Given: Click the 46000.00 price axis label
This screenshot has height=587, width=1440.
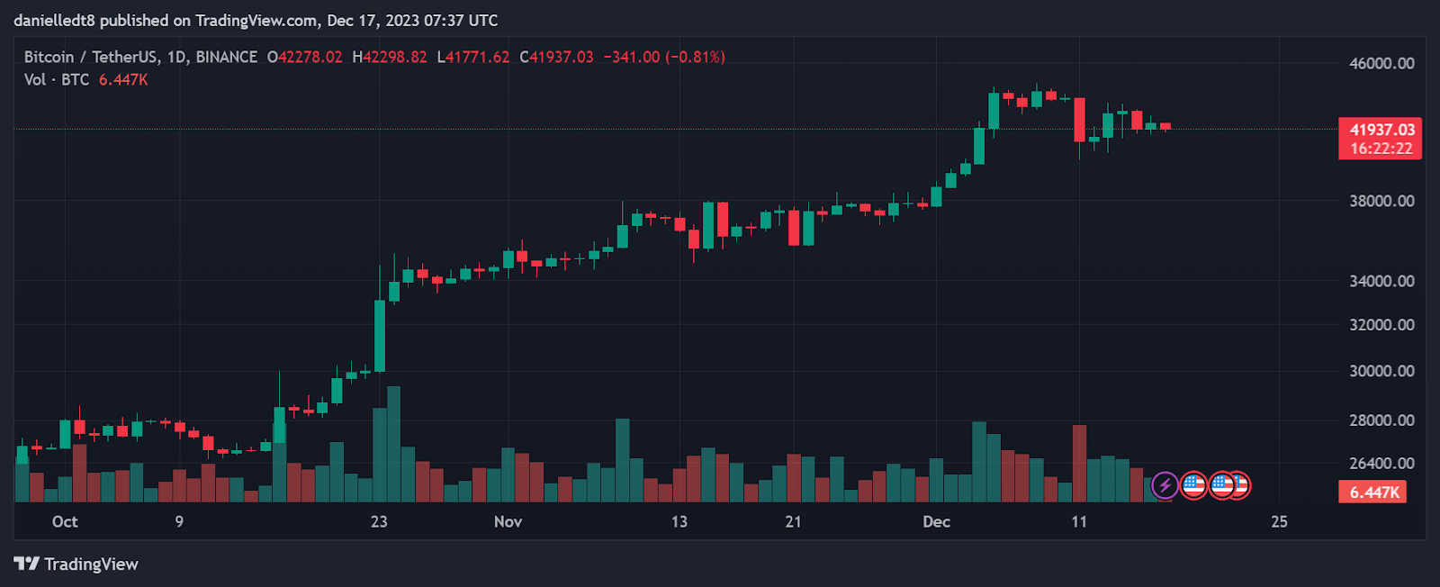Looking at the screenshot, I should click(1381, 63).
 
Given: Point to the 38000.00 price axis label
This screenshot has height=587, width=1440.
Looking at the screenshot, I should click(1381, 201).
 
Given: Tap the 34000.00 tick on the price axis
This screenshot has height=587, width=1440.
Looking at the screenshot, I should click(1381, 281).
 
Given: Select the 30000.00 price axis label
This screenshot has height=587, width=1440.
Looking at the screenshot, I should click(1381, 371).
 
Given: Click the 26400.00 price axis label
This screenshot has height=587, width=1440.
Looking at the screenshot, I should click(1381, 463).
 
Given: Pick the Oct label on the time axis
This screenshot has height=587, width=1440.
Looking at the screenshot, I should click(65, 521).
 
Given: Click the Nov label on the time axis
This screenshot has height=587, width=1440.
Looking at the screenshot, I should click(508, 521).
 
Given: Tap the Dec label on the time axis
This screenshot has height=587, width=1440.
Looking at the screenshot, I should click(936, 521).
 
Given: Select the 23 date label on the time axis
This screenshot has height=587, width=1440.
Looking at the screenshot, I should click(379, 521).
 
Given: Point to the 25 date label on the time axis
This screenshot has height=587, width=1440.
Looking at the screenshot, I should click(1279, 521).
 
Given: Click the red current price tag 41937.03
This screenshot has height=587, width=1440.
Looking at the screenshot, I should click(1381, 130).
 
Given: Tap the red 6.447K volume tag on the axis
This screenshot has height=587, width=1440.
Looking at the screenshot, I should click(1373, 492).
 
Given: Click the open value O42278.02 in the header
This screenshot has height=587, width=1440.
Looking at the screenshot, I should click(304, 57).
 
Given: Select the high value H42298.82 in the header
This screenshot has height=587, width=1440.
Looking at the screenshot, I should click(390, 57).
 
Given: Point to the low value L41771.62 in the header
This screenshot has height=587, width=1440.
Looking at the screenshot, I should click(473, 57).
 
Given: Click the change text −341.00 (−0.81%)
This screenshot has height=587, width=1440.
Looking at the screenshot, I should click(664, 57).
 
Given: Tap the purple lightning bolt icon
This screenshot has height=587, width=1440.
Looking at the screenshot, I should click(1165, 485).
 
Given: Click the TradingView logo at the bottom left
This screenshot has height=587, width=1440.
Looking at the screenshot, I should click(76, 564).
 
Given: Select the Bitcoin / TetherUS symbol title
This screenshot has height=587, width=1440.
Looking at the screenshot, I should click(90, 57).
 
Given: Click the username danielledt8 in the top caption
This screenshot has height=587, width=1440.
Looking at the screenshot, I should click(54, 20).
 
